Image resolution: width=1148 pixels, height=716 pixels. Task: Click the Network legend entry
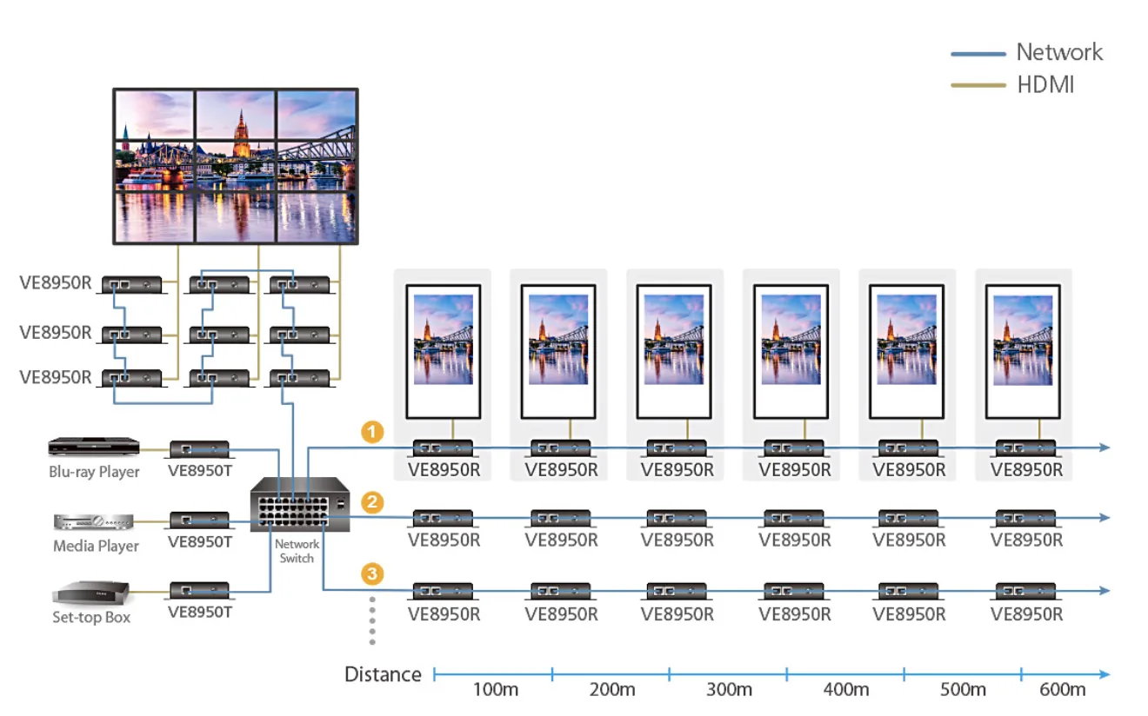[x=1026, y=52]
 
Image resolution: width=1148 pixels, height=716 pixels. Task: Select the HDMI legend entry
[x=1012, y=84]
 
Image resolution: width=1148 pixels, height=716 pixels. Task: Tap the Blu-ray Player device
[x=94, y=447]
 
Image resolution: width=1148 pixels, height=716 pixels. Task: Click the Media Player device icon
[x=93, y=522]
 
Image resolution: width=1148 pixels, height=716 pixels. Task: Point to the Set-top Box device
[x=91, y=593]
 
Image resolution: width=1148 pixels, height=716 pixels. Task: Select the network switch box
[x=300, y=505]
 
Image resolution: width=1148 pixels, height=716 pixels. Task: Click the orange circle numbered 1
[x=372, y=432]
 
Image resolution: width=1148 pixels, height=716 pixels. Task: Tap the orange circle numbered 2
[x=372, y=502]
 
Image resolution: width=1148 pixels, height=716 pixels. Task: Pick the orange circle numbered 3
[x=372, y=573]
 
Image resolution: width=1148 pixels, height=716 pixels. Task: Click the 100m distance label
[x=495, y=690]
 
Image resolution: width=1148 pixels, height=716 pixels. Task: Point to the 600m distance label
[x=1063, y=690]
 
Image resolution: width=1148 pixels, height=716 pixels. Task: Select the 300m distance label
[x=729, y=690]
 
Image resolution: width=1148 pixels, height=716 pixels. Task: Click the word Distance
[x=383, y=674]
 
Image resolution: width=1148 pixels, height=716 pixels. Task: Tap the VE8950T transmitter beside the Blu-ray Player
[x=200, y=449]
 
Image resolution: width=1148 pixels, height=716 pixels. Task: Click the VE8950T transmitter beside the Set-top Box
[x=200, y=591]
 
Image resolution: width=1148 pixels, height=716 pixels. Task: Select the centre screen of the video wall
[x=236, y=166]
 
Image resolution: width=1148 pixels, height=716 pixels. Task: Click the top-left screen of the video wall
[x=155, y=116]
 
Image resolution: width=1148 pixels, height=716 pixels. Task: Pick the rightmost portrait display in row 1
[x=1023, y=351]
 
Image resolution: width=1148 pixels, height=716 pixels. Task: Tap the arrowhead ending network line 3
[x=1105, y=591]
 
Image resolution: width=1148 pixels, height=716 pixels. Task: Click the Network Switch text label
[x=297, y=551]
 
